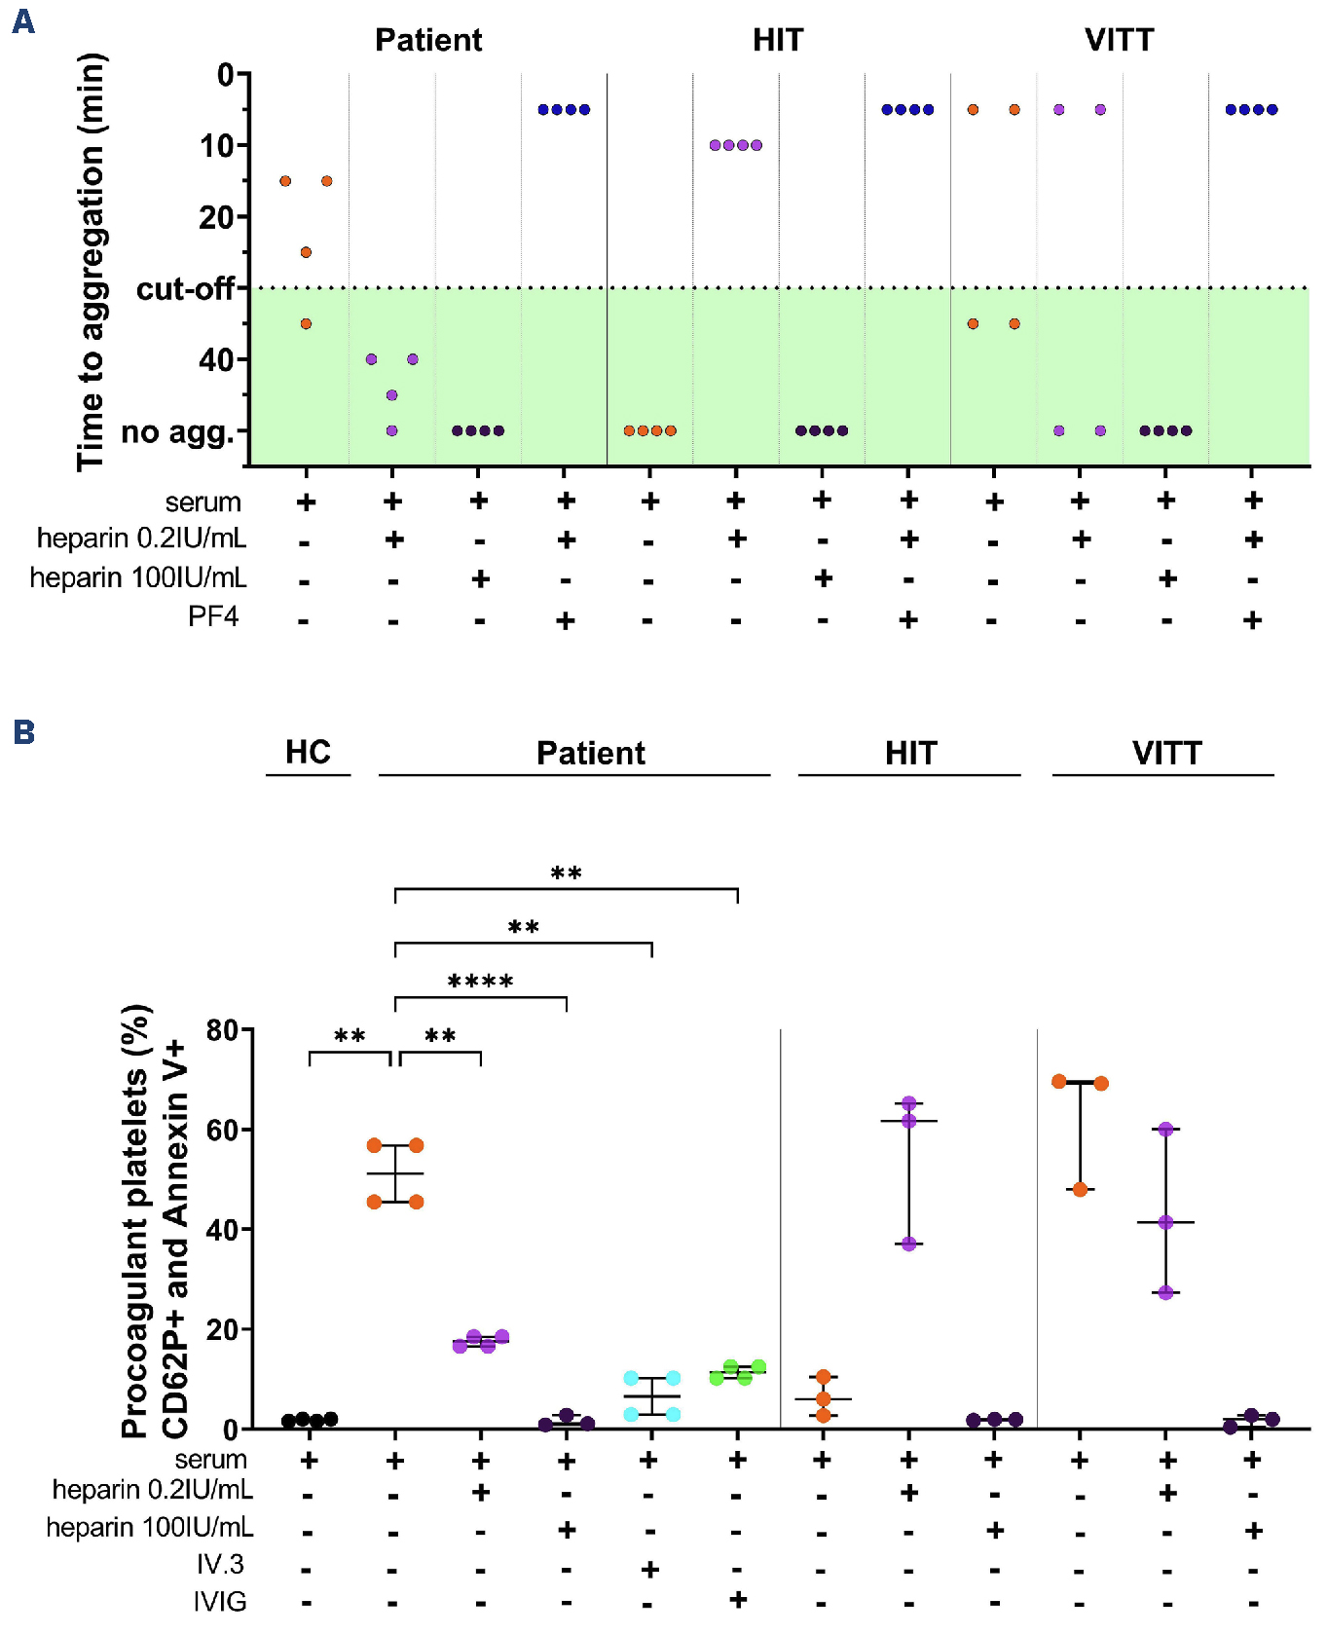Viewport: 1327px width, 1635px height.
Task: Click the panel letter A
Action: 23,21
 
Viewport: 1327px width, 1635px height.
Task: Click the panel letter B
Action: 24,732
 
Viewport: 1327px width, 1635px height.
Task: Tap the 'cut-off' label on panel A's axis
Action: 185,289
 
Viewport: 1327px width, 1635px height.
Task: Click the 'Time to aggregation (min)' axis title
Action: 91,263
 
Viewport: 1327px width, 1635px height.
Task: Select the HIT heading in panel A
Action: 778,40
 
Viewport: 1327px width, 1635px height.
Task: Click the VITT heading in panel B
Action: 1166,753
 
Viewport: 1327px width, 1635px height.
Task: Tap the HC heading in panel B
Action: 308,752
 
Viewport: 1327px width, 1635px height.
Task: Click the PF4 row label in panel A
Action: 213,616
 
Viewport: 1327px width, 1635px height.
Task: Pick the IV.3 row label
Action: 220,1564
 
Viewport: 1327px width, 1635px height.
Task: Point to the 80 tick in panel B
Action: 222,1030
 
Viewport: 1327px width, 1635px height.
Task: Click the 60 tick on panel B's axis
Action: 222,1131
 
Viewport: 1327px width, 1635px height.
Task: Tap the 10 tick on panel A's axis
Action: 217,146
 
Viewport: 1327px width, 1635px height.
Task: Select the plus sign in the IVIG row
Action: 737,1599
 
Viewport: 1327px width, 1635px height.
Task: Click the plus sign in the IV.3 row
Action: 650,1569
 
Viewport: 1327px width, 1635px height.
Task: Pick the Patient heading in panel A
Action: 428,40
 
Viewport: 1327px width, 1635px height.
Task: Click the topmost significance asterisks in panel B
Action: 566,873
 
